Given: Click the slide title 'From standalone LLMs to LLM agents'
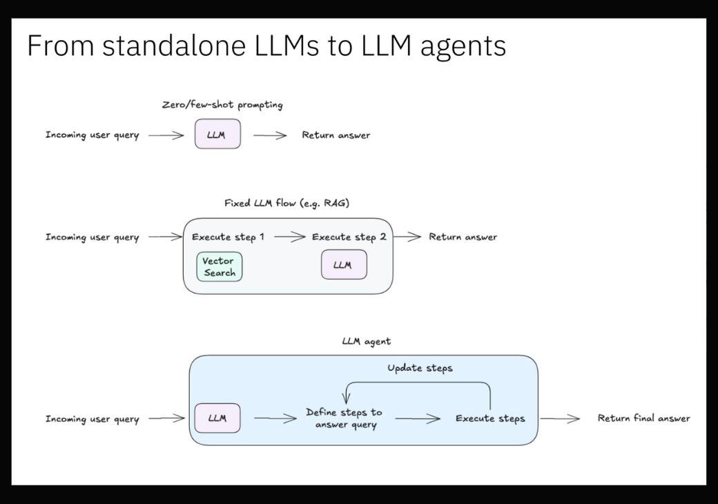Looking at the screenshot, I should (266, 46).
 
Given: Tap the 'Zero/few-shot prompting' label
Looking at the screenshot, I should (222, 105).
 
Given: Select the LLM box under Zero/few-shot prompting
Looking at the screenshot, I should (217, 135).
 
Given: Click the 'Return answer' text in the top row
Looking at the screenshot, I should (336, 135).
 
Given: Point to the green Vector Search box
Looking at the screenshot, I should (220, 266).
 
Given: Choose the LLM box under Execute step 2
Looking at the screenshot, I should (344, 265).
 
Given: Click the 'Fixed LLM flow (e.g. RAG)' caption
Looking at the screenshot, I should (287, 203).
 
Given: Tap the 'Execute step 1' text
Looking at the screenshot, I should (228, 237).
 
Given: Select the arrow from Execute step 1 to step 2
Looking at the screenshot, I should (289, 237).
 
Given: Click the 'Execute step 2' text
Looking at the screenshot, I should (349, 237).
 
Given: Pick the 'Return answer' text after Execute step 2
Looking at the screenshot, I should (463, 237).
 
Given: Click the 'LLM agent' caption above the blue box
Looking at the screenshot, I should (366, 341).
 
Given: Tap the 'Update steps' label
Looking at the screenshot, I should (420, 368).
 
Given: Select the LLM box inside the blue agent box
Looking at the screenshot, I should (217, 418).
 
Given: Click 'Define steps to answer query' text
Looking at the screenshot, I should (345, 418).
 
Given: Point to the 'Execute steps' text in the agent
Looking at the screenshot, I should (489, 418).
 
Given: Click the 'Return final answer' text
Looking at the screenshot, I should (643, 418).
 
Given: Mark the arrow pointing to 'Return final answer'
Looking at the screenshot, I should (560, 418).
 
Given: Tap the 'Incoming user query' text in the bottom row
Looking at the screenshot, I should (92, 419).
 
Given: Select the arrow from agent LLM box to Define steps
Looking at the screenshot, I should (275, 418).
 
